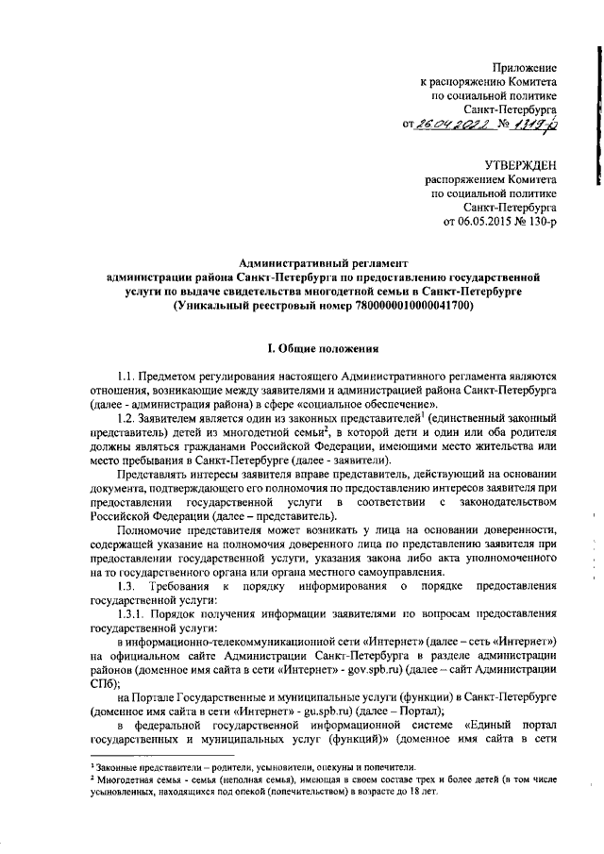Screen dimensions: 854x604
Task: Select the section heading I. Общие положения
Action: pyautogui.click(x=324, y=346)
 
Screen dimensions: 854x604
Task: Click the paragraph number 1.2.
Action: pyautogui.click(x=127, y=418)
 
